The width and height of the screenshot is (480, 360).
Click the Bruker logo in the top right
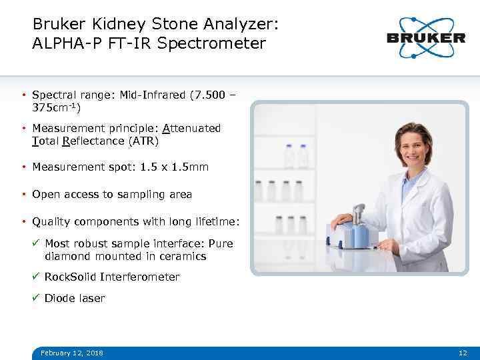425,37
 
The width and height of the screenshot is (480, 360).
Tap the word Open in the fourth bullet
46,195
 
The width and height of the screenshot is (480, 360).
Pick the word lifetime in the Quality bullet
215,221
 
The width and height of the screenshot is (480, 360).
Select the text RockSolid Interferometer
112,277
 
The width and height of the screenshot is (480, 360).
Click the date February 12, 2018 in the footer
72,353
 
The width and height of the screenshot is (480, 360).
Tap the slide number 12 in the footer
463,353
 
